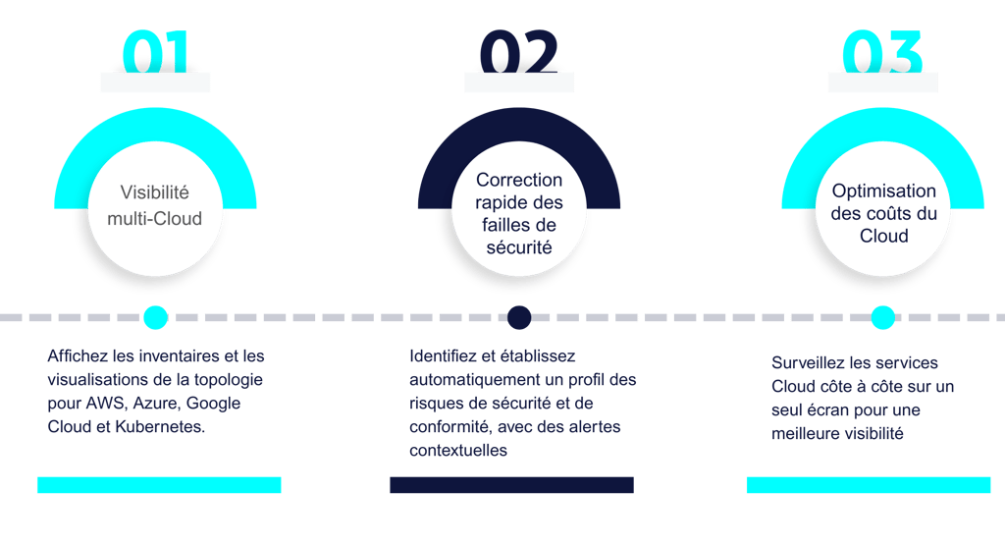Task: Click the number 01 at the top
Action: (155, 51)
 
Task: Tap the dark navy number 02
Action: (518, 51)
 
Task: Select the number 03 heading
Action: (882, 51)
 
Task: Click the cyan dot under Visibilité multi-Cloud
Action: (155, 316)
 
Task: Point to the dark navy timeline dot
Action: (518, 316)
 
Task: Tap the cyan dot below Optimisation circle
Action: (882, 316)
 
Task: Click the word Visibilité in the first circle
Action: (155, 192)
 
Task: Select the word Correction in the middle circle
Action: (519, 180)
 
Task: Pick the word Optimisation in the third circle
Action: (883, 191)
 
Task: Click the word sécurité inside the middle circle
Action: (519, 247)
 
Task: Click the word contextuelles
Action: (459, 450)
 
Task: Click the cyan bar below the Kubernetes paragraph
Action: (159, 485)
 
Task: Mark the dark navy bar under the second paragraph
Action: (511, 485)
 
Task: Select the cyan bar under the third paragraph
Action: (868, 485)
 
